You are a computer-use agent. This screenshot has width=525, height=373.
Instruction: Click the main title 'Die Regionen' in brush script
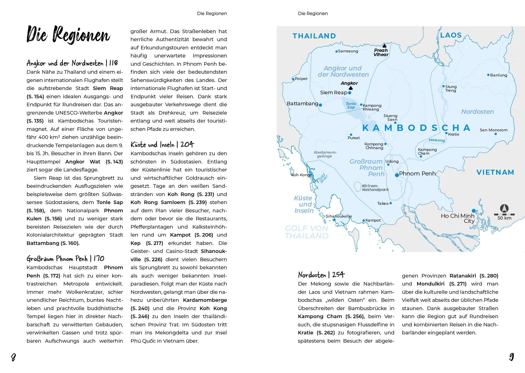pyautogui.click(x=68, y=35)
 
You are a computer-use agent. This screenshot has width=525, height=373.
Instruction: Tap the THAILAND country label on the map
pyautogui.click(x=314, y=36)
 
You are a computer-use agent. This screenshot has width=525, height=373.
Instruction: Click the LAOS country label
pyautogui.click(x=451, y=35)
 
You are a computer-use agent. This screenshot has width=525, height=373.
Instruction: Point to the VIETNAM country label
pyautogui.click(x=495, y=172)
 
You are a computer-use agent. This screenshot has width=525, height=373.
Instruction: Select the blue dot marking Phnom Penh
pyautogui.click(x=397, y=175)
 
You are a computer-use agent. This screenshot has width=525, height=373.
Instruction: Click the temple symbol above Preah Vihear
pyautogui.click(x=384, y=45)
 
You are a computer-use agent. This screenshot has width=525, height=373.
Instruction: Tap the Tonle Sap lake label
pyautogui.click(x=351, y=106)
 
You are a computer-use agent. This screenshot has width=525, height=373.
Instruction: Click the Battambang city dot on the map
pyautogui.click(x=320, y=105)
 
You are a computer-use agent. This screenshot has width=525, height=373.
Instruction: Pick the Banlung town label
pyautogui.click(x=498, y=75)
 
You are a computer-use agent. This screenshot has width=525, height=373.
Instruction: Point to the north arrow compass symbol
pyautogui.click(x=504, y=209)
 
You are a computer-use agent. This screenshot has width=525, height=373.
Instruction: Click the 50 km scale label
pyautogui.click(x=504, y=218)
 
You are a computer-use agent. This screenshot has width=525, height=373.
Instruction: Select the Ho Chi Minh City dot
pyautogui.click(x=473, y=211)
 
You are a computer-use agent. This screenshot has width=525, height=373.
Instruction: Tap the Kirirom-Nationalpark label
pyautogui.click(x=375, y=188)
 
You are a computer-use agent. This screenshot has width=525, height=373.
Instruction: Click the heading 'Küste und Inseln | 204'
pyautogui.click(x=162, y=145)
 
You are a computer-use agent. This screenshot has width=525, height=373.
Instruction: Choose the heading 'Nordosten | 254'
pyautogui.click(x=321, y=275)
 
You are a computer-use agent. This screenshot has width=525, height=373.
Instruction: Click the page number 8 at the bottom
pyautogui.click(x=14, y=357)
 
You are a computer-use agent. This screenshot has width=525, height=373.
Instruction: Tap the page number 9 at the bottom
pyautogui.click(x=511, y=357)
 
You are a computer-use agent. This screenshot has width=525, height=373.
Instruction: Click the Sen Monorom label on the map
pyautogui.click(x=493, y=130)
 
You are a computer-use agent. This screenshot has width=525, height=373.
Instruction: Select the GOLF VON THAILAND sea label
pyautogui.click(x=307, y=232)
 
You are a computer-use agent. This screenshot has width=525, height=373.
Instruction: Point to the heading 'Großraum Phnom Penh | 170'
pyautogui.click(x=65, y=259)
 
